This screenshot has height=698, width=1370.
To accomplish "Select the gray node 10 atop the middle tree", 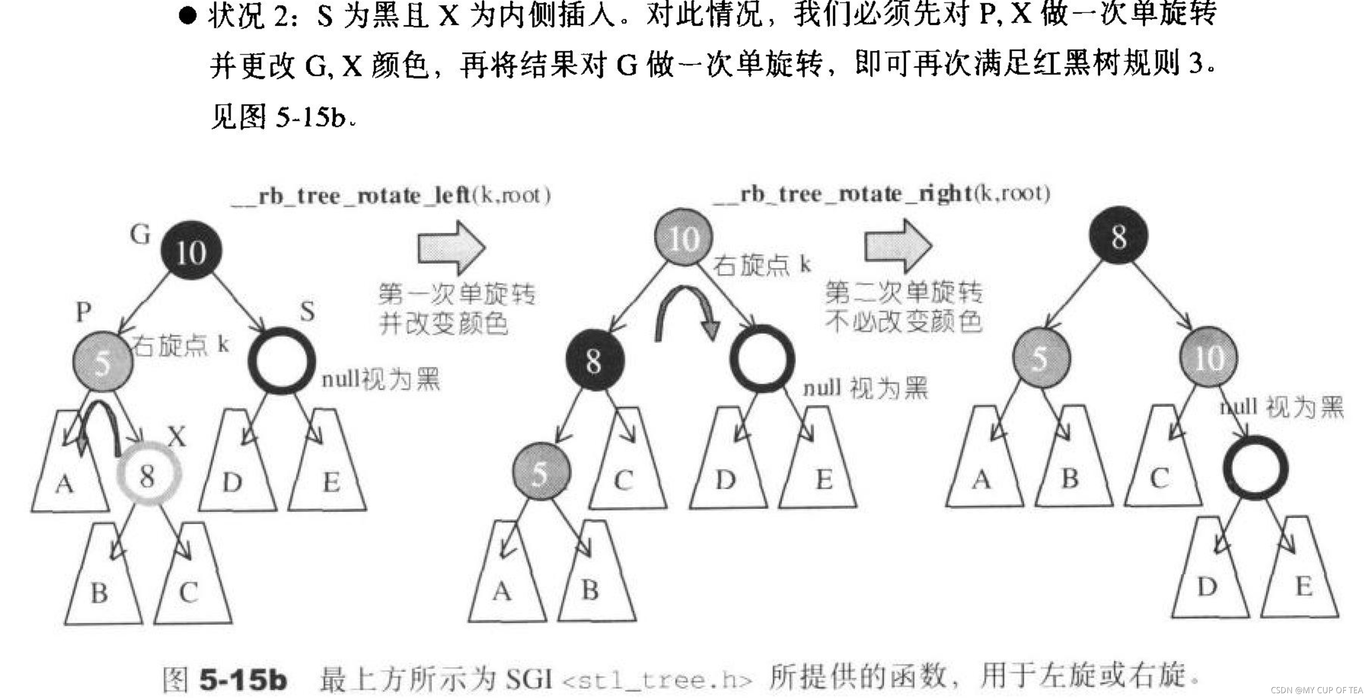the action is [x=683, y=237].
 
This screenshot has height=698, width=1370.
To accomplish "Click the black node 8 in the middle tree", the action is [x=594, y=360].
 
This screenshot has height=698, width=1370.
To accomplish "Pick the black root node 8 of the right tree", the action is [x=1118, y=235].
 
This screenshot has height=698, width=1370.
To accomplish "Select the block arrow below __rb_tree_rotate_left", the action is [x=451, y=247].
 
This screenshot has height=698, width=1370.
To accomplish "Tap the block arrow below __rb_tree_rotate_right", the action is [x=898, y=246].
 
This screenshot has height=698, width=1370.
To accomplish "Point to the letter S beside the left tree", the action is [x=307, y=311].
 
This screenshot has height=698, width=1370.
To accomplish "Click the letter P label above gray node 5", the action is [x=84, y=311].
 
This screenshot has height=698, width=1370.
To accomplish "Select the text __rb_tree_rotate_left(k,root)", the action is [x=391, y=196].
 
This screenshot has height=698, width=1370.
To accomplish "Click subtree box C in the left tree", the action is [x=192, y=580].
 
